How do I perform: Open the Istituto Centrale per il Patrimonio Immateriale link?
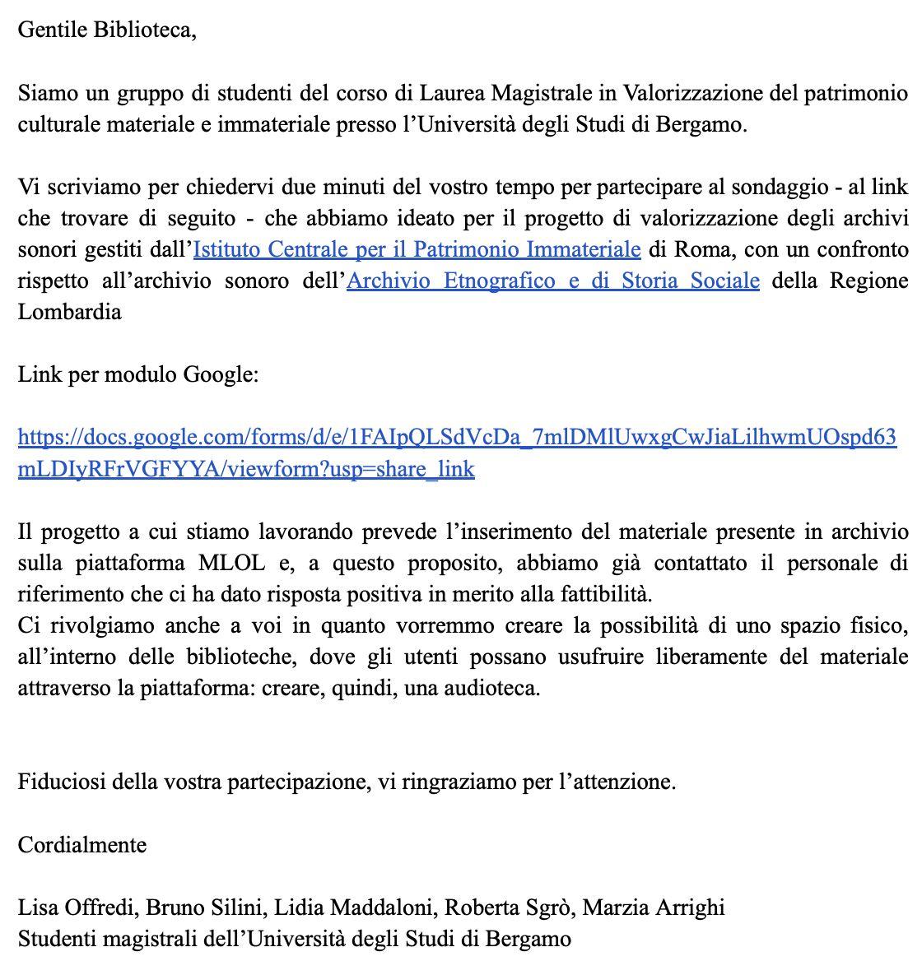[417, 249]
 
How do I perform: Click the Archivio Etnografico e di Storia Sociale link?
[553, 281]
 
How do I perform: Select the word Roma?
[699, 249]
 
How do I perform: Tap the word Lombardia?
[70, 312]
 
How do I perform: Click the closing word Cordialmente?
[82, 845]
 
